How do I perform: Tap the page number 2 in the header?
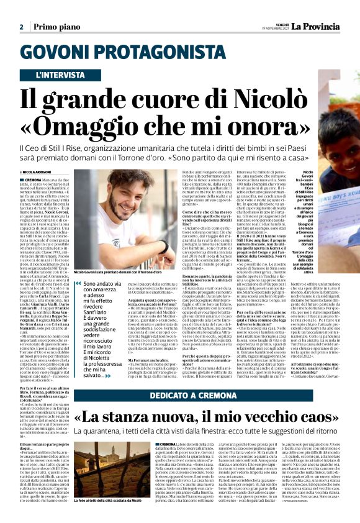(21, 27)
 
